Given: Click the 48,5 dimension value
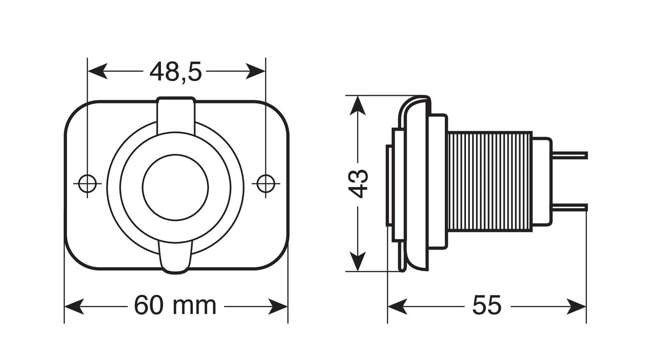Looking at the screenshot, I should [176, 72].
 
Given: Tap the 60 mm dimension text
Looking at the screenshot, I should [175, 305].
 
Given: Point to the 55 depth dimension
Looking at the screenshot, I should [486, 305].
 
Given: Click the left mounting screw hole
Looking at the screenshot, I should [87, 183].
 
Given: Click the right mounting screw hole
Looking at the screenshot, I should [265, 183].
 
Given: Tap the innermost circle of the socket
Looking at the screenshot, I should [175, 186].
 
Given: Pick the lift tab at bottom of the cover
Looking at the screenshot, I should [176, 257].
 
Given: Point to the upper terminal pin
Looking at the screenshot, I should [569, 154].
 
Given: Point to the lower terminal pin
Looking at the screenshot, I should [569, 208].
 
